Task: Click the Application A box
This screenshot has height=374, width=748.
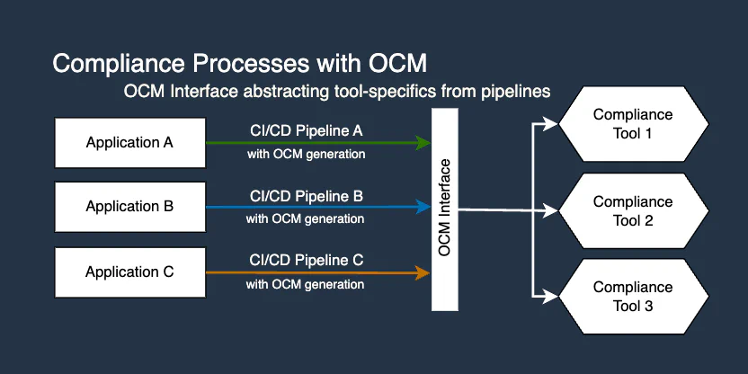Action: (x=129, y=142)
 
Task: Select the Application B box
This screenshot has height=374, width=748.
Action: (x=129, y=206)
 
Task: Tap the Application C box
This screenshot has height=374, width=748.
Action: (x=129, y=272)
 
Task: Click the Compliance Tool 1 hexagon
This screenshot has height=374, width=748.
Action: (x=633, y=124)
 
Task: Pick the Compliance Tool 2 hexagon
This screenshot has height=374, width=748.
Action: (x=633, y=211)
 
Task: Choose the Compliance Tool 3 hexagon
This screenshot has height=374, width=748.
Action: (x=633, y=297)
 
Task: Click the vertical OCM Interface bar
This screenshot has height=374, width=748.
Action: (x=445, y=209)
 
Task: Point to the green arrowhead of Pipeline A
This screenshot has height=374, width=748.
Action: (x=425, y=142)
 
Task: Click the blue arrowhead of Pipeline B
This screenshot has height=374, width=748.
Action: (x=425, y=207)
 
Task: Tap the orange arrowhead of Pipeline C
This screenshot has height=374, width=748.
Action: (x=425, y=272)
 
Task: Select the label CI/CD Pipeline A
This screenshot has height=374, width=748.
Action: (x=306, y=131)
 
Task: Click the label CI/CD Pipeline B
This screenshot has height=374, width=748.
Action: (x=306, y=196)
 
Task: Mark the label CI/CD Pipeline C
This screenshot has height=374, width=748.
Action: (x=306, y=261)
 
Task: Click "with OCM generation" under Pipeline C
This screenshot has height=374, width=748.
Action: (x=306, y=284)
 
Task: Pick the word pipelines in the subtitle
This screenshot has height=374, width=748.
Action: (x=517, y=92)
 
